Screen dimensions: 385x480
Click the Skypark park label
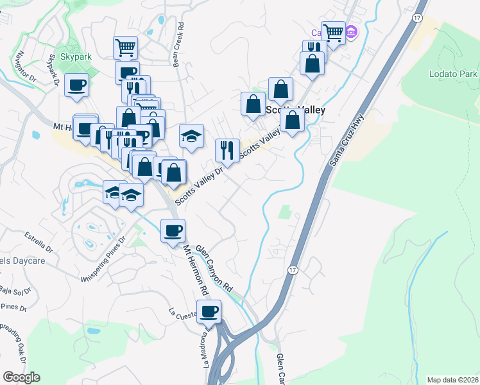pyautogui.click(x=77, y=57)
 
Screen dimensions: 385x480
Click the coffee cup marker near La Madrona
pyautogui.click(x=209, y=312)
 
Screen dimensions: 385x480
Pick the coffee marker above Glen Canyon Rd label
pyautogui.click(x=172, y=230)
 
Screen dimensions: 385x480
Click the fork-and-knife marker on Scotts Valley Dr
pyautogui.click(x=227, y=150)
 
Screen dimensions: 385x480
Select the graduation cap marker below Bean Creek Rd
pyautogui.click(x=191, y=135)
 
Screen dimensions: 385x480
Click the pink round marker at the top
pyautogui.click(x=351, y=31)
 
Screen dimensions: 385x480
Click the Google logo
pyautogui.click(x=21, y=377)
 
